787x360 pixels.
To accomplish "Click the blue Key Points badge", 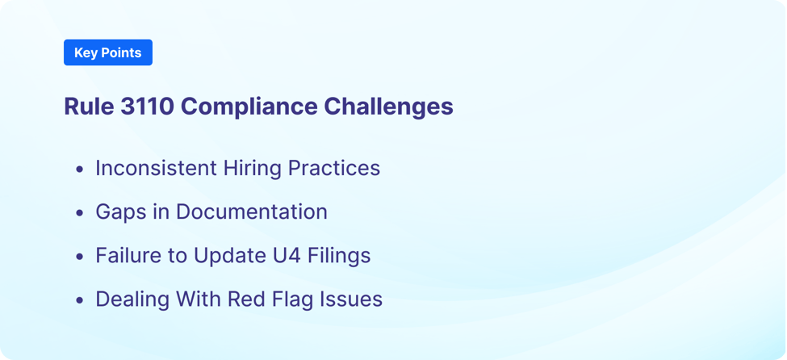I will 107,52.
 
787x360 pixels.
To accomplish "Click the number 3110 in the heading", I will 147,107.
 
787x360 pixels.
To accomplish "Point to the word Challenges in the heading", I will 388,107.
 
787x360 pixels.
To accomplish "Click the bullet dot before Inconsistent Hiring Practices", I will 79,170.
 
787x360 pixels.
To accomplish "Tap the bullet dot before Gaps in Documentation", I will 79,213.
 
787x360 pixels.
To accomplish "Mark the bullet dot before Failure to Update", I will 79,257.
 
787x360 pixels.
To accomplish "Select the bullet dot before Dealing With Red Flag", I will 79,300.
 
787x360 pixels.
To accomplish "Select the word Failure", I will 126,255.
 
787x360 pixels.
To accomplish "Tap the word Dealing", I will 129,299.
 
